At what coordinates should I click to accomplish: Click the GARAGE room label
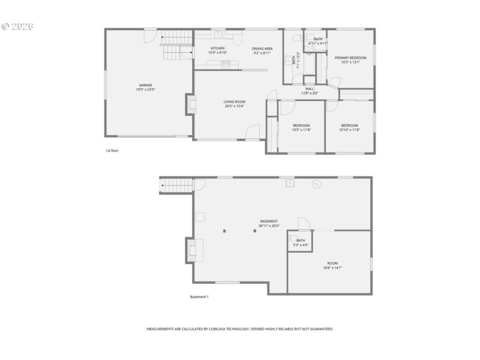[145, 85]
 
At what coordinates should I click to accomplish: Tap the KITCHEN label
[217, 48]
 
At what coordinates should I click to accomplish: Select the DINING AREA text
[262, 48]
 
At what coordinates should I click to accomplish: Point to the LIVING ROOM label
[235, 101]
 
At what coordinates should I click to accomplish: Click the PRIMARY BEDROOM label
[350, 58]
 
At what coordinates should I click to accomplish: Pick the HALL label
[310, 89]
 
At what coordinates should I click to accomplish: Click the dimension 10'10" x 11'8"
[349, 130]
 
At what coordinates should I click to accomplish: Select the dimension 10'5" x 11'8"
[301, 130]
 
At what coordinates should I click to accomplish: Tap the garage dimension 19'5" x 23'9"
[145, 90]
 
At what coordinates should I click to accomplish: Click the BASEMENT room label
[268, 221]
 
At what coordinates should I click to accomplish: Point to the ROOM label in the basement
[332, 263]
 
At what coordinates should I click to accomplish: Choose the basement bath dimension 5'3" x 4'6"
[301, 245]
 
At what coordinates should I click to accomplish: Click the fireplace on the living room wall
[191, 104]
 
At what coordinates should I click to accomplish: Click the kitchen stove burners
[226, 64]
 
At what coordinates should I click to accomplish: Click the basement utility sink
[290, 183]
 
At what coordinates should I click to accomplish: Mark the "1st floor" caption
[112, 151]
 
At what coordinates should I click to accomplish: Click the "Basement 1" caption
[199, 297]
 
